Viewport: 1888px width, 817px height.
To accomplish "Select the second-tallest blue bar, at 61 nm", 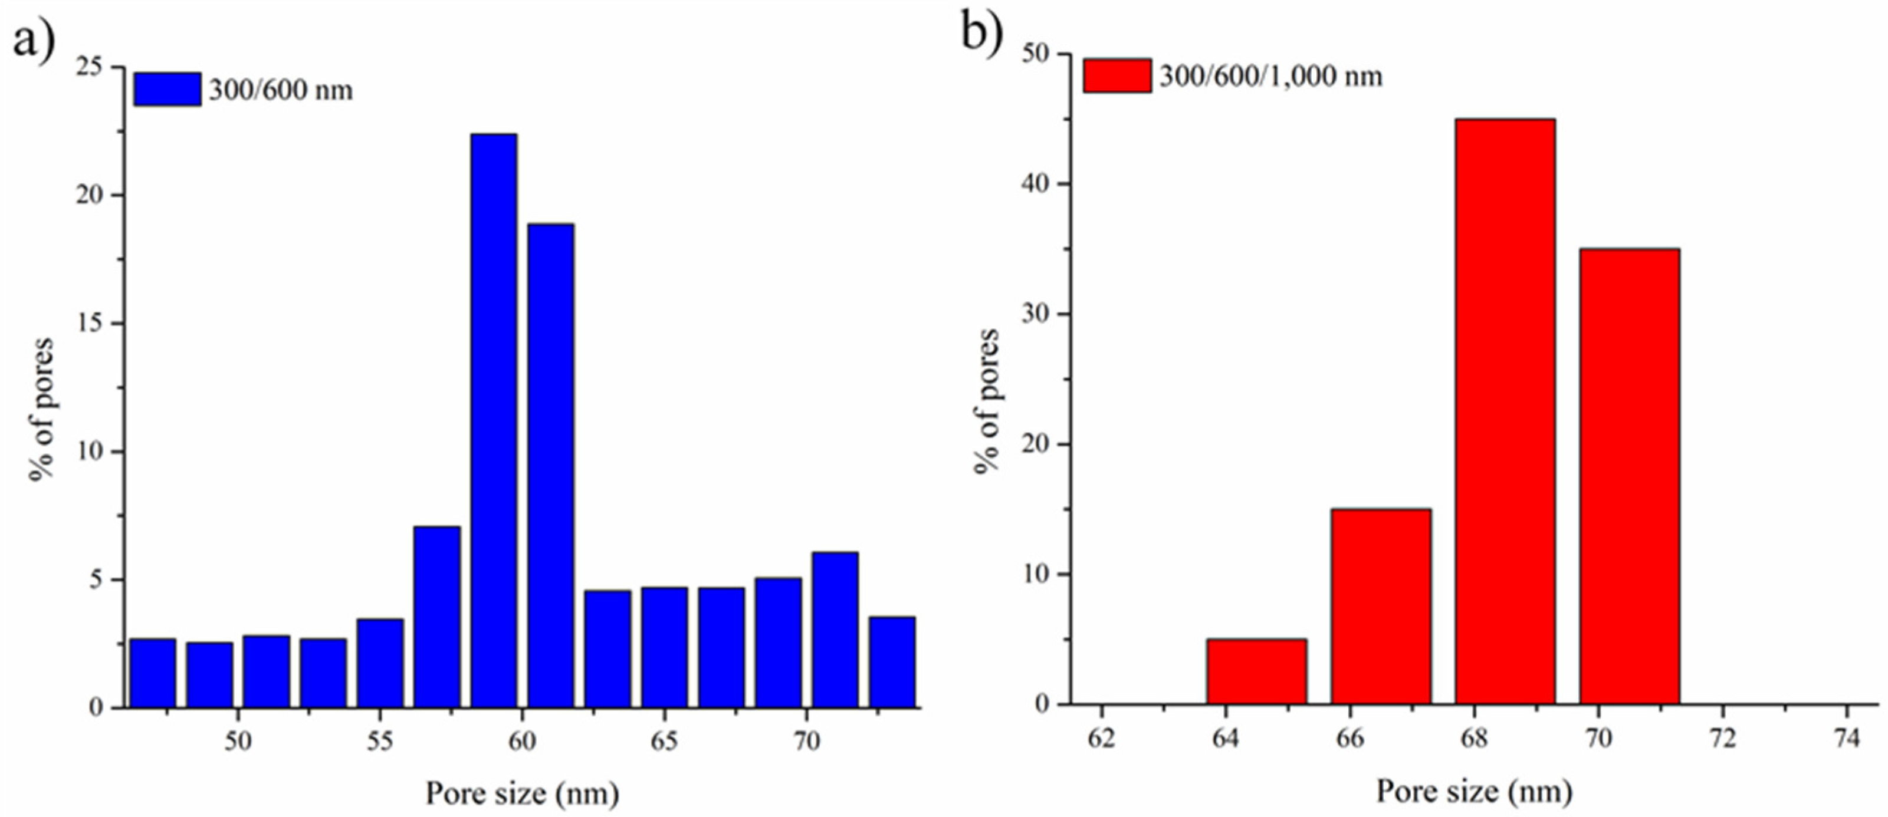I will click(551, 464).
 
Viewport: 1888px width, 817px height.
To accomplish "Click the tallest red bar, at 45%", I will click(1505, 410).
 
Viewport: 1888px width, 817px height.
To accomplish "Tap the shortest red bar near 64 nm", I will click(1257, 671).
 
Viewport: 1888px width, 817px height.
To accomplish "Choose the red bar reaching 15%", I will click(1381, 606).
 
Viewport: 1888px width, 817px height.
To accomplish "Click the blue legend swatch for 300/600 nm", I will click(167, 90).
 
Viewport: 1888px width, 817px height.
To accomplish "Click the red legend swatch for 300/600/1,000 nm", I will click(1117, 75).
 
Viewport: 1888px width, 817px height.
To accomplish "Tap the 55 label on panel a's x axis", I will click(380, 742).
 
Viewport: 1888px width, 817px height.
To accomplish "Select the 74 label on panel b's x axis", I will click(1847, 738).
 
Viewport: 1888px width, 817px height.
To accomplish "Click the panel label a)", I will click(33, 38).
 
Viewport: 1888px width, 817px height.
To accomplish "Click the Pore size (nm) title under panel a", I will click(522, 793).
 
